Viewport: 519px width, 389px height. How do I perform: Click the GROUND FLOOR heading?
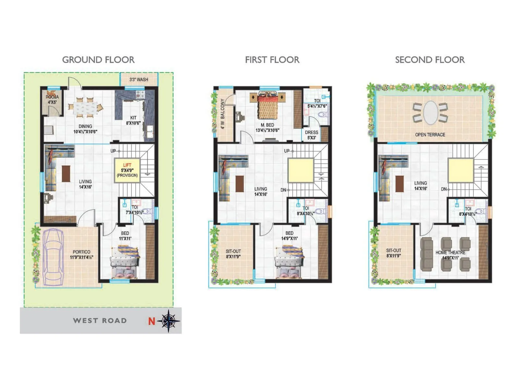tap(98, 60)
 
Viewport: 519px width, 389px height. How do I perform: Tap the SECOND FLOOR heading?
tap(430, 60)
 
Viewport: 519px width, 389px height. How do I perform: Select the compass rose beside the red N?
tap(169, 321)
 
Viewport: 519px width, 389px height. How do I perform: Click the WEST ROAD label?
tap(100, 321)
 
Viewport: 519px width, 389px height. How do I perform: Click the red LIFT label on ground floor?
tap(127, 165)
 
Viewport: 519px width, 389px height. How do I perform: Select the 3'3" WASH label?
tap(139, 79)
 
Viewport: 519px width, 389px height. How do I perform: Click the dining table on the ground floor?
tap(85, 107)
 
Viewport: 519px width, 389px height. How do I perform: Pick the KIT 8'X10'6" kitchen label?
tap(133, 120)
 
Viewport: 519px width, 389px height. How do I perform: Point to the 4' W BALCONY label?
tap(223, 114)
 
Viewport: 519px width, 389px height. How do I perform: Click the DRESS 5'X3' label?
tap(311, 135)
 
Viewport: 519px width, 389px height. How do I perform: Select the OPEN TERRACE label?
tap(430, 135)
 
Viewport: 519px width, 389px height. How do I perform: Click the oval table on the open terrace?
tap(430, 112)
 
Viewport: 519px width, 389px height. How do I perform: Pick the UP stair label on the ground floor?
tap(113, 151)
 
